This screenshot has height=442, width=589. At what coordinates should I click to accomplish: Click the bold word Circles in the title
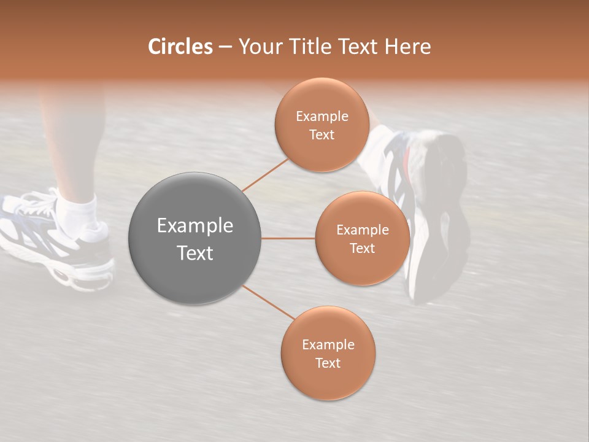point(180,47)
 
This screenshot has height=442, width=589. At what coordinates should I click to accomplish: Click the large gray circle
point(194,238)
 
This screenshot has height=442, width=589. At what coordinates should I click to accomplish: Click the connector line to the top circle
point(265,174)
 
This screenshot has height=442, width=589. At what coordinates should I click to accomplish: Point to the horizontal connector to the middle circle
point(288,238)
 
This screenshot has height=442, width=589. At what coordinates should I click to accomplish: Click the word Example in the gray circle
point(194,226)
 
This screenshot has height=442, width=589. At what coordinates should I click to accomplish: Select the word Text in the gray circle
point(194,253)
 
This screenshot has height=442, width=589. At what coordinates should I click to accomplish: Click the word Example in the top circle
point(321,117)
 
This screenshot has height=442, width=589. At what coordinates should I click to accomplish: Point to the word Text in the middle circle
point(362,248)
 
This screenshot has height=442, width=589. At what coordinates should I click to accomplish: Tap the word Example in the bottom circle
point(328,344)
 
